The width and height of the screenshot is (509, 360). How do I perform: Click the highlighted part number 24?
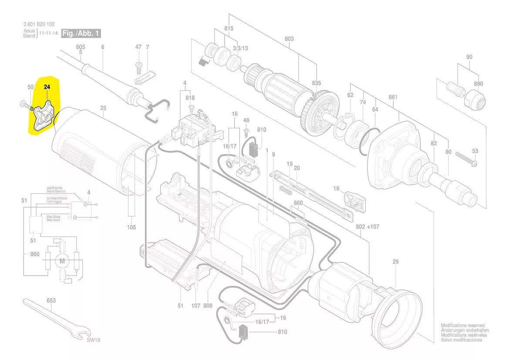click(47, 87)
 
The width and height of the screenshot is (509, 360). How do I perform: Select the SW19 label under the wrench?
click(93, 340)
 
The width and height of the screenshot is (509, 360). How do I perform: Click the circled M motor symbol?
click(61, 262)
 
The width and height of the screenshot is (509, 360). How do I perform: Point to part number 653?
click(51, 301)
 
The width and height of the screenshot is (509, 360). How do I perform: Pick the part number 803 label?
click(289, 39)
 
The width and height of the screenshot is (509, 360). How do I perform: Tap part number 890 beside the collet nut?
click(479, 84)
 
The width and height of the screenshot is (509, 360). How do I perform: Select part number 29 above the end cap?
click(395, 262)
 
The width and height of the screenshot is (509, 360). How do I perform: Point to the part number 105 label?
click(131, 227)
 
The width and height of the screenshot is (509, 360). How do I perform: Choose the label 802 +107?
click(367, 227)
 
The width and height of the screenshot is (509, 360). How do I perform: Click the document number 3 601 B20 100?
click(39, 24)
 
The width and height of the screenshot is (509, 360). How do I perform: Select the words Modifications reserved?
click(463, 326)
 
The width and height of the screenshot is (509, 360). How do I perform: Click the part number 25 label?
click(103, 108)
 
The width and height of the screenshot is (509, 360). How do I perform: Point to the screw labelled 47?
click(139, 66)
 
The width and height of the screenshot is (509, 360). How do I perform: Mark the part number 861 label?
click(393, 97)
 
